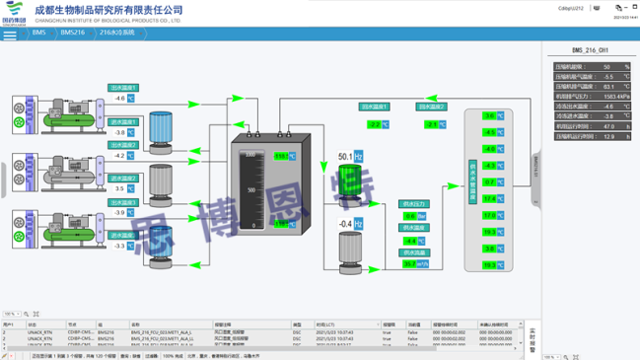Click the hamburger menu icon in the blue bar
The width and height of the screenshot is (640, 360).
point(10,35)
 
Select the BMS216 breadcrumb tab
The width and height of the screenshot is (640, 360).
point(72,33)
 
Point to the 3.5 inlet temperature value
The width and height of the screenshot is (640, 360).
point(121,188)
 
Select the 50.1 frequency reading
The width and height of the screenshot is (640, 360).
point(345,156)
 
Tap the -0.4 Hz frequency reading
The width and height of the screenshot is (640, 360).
point(346,224)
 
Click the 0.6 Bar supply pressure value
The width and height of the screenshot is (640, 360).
point(409,216)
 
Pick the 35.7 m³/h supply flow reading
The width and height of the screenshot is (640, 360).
point(409,263)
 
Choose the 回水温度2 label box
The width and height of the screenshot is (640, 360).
point(432,107)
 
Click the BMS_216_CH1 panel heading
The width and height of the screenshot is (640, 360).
point(590,50)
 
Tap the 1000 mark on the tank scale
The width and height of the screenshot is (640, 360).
point(250,155)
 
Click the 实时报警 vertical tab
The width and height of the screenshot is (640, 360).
point(532,340)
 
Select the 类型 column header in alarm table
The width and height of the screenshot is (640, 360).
point(297,324)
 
